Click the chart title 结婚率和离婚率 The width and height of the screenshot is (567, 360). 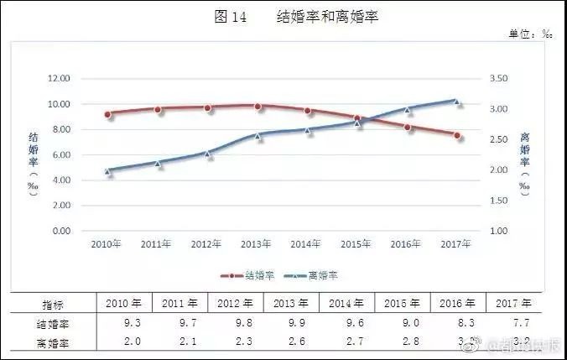328,16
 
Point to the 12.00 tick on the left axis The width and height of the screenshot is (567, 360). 60,78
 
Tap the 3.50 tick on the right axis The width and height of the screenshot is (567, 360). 497,78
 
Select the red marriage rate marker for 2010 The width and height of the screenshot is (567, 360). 108,114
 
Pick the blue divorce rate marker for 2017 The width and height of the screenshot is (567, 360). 457,102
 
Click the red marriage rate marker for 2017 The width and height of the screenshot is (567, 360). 457,135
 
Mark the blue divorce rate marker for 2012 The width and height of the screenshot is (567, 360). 208,154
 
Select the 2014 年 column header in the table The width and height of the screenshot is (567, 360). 346,304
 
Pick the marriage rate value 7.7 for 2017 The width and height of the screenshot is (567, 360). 512,322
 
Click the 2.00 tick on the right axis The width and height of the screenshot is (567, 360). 497,170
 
